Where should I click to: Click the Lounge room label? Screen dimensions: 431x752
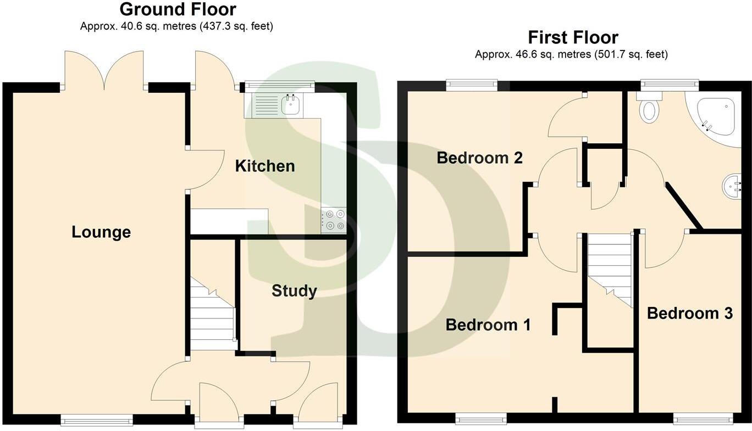pyautogui.click(x=101, y=232)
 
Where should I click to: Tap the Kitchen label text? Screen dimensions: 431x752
pyautogui.click(x=265, y=166)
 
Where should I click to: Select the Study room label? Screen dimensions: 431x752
pyautogui.click(x=294, y=291)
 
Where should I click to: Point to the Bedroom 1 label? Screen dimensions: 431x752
pyautogui.click(x=488, y=325)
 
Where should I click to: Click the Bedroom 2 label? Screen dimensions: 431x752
pyautogui.click(x=479, y=158)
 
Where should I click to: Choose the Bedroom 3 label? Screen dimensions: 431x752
pyautogui.click(x=689, y=314)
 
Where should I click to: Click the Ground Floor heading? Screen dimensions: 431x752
pyautogui.click(x=178, y=9)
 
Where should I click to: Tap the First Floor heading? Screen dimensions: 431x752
pyautogui.click(x=573, y=37)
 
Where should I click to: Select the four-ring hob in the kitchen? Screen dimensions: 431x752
pyautogui.click(x=334, y=220)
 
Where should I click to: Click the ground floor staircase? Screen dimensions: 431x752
pyautogui.click(x=213, y=318)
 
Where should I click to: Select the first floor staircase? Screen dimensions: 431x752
pyautogui.click(x=610, y=266)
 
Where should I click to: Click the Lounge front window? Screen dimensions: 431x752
pyautogui.click(x=97, y=421)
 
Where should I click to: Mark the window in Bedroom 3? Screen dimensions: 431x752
pyautogui.click(x=703, y=419)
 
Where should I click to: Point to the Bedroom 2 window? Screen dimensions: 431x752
pyautogui.click(x=472, y=85)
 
